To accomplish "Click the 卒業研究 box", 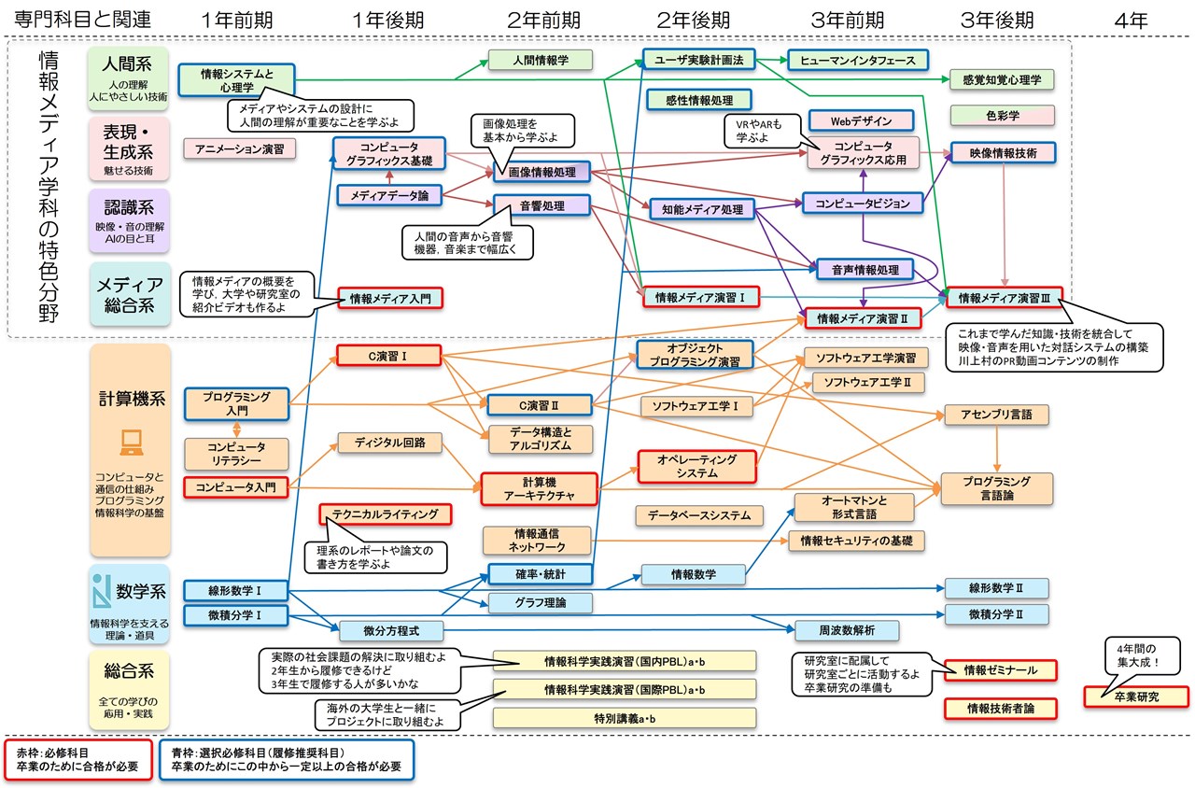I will [x=1136, y=697].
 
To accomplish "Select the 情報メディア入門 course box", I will [x=390, y=299].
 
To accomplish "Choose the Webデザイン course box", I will [x=862, y=120].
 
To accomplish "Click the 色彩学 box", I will [x=1002, y=115].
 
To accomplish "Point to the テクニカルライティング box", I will [x=385, y=514].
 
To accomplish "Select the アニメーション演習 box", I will [x=240, y=148].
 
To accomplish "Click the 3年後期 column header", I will [x=996, y=20].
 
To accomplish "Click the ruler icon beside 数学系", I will [x=103, y=589].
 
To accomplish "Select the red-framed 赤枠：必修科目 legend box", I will [x=78, y=758].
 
